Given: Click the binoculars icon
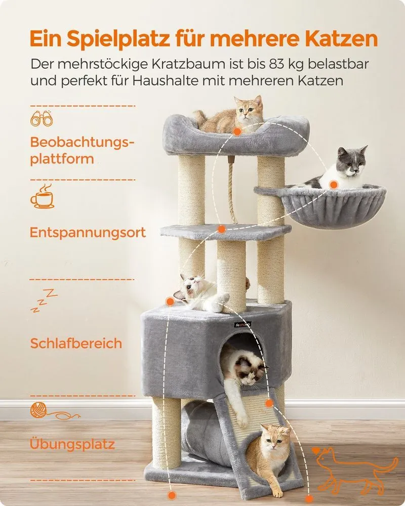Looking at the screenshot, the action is (42, 118).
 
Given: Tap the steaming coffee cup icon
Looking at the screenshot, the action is (42, 196).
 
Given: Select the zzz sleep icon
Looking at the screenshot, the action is (44, 301).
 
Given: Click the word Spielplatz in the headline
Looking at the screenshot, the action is (119, 39).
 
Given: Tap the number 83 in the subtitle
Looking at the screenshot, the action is (275, 64).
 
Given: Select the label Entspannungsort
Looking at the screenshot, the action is (88, 232).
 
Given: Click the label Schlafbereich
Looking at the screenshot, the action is (76, 344).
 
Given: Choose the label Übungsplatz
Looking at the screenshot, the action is (72, 444).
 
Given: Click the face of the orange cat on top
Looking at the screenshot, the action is (248, 111).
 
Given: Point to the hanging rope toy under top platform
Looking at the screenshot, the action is (231, 190).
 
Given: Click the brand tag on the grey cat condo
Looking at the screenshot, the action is (243, 324).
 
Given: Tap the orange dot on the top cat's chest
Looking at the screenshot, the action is (237, 132).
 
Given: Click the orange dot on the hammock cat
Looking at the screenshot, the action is (334, 185).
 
